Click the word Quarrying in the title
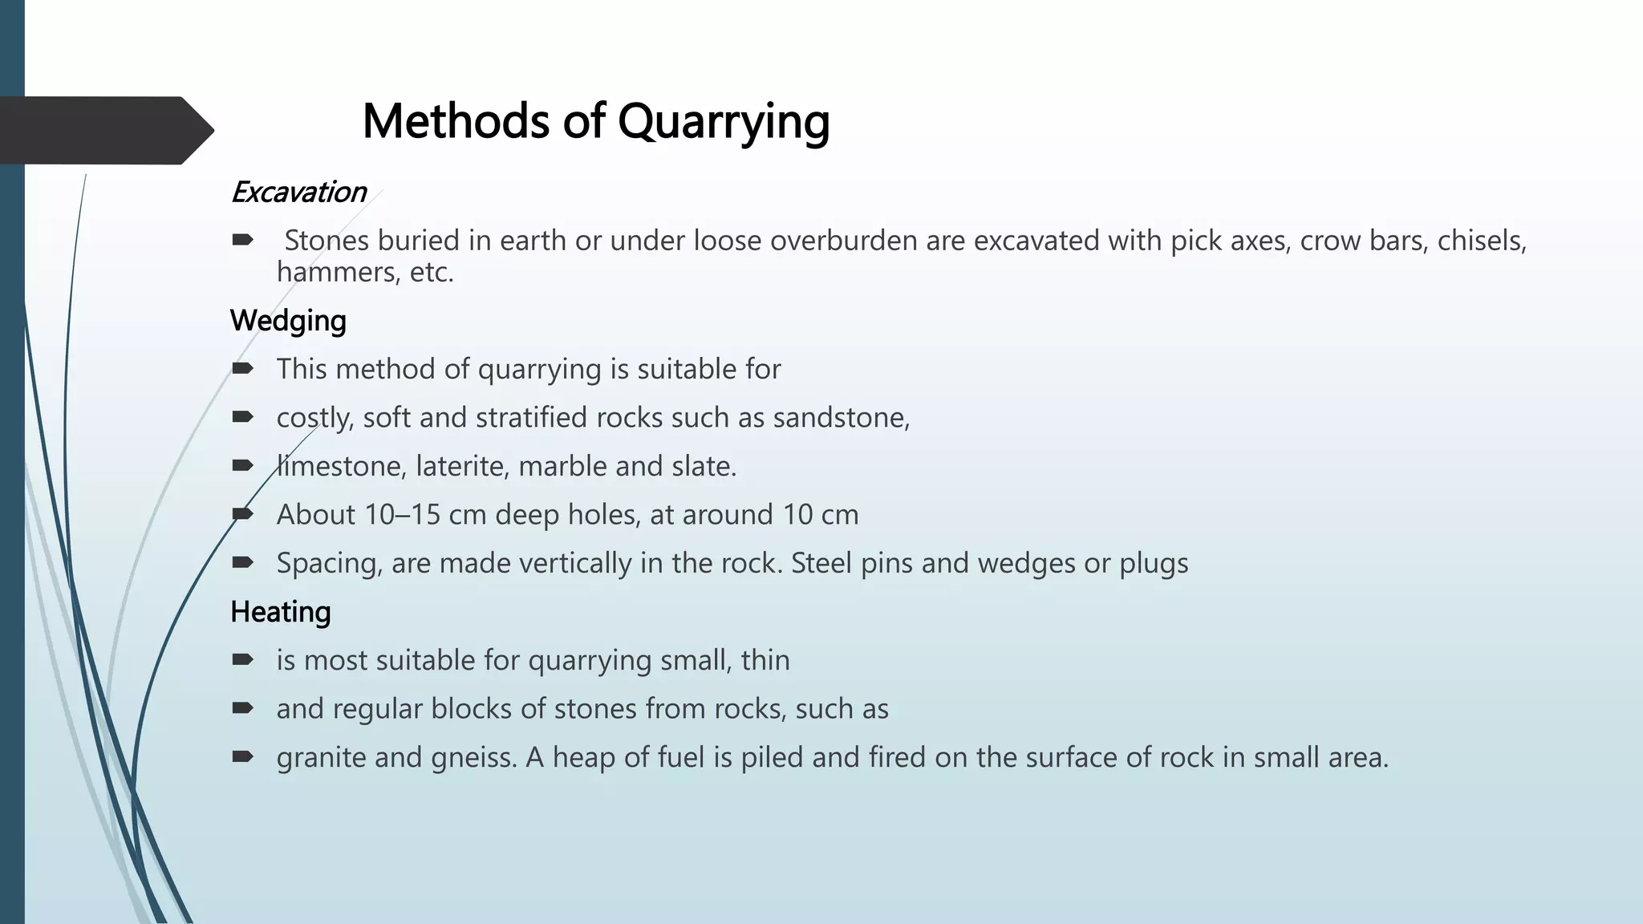723,123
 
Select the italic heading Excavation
298,192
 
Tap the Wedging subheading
288,321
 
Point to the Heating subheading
280,612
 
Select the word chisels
1481,241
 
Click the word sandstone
840,418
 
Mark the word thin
765,660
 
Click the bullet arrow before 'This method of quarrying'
242,368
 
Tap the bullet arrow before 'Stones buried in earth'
242,239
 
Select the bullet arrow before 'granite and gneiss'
242,756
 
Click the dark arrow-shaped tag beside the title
104,130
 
